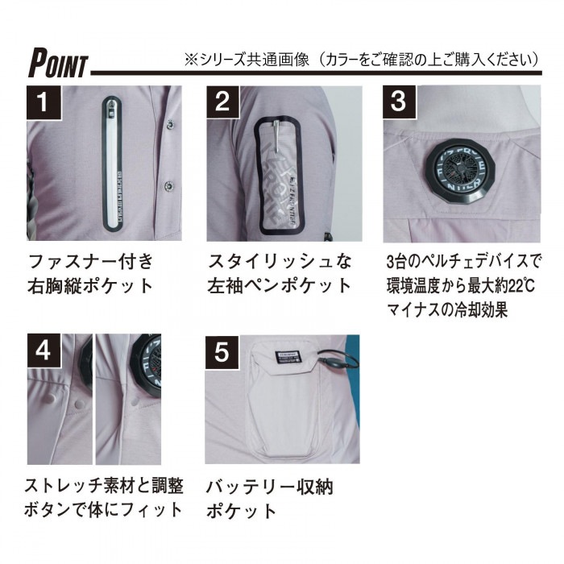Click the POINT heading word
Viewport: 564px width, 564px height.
click(x=59, y=61)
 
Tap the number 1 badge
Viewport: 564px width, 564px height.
click(x=45, y=102)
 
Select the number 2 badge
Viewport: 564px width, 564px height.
click(x=223, y=102)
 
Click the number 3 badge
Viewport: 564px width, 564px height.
click(x=399, y=102)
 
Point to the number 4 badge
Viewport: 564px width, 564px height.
click(x=45, y=351)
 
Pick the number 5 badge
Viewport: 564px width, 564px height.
click(x=223, y=351)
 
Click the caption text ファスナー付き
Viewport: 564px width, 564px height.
click(x=90, y=262)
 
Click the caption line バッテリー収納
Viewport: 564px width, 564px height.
click(x=269, y=486)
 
